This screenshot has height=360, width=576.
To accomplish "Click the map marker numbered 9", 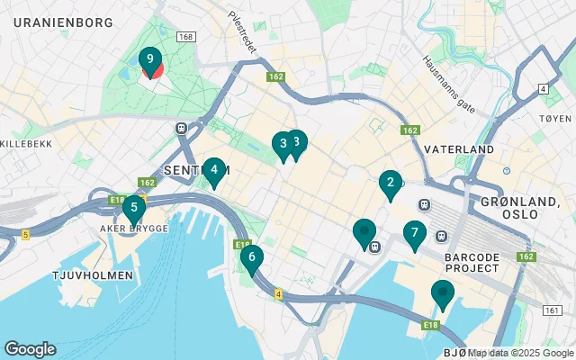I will tap(150, 61).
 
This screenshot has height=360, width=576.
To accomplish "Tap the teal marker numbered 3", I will tap(283, 144).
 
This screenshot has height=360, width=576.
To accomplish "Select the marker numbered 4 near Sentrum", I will tap(213, 170).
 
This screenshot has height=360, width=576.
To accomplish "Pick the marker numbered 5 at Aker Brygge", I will tap(134, 210).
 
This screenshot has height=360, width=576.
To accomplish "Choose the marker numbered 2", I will tap(390, 184).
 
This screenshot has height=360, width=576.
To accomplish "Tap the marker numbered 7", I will tap(414, 235).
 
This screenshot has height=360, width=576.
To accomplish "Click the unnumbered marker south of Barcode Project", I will tap(442, 294).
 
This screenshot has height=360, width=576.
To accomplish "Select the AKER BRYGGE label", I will tap(134, 229).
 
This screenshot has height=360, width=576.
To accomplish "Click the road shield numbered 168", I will tap(185, 37).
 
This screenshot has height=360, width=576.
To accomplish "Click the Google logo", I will tap(30, 349).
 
